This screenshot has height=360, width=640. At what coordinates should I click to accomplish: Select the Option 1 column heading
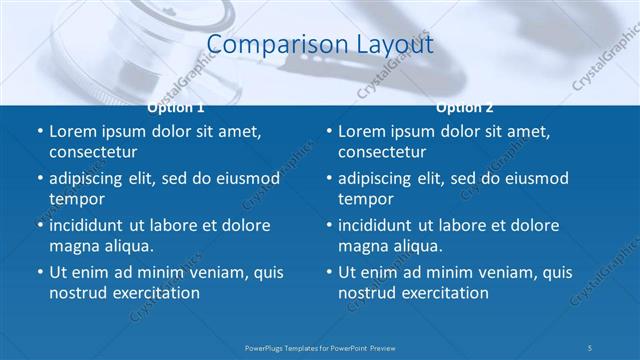[176, 107]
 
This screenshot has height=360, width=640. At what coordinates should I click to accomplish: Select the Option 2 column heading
[465, 107]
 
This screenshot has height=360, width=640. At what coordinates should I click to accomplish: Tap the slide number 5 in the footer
[590, 347]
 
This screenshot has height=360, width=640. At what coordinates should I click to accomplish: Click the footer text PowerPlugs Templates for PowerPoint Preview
[320, 347]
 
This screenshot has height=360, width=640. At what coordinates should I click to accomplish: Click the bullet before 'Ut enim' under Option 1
[40, 272]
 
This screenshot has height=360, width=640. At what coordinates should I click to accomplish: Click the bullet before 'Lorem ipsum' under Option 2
[329, 131]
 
